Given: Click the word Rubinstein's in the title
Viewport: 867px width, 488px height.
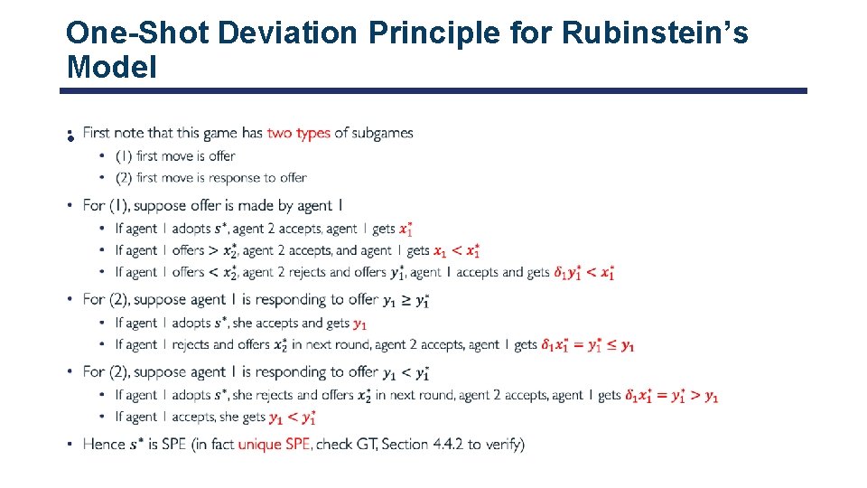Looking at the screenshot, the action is (655, 33).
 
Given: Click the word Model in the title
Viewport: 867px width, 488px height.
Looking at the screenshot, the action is (111, 66).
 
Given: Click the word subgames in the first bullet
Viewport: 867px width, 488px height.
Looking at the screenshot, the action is (383, 133).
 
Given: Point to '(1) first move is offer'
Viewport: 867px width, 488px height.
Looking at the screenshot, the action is (175, 156).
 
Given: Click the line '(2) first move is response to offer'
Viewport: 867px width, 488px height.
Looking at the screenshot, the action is (211, 178).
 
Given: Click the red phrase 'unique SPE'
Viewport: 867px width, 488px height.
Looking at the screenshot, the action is (275, 444).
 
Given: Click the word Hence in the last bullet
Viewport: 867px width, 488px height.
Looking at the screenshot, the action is (103, 444).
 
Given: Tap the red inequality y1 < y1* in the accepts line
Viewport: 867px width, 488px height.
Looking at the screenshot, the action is (293, 418).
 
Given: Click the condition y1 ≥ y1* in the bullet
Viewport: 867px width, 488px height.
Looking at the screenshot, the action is (406, 300).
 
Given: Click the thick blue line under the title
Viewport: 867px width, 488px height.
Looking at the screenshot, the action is (433, 90).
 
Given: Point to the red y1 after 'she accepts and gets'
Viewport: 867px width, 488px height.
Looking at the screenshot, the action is (359, 324).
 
